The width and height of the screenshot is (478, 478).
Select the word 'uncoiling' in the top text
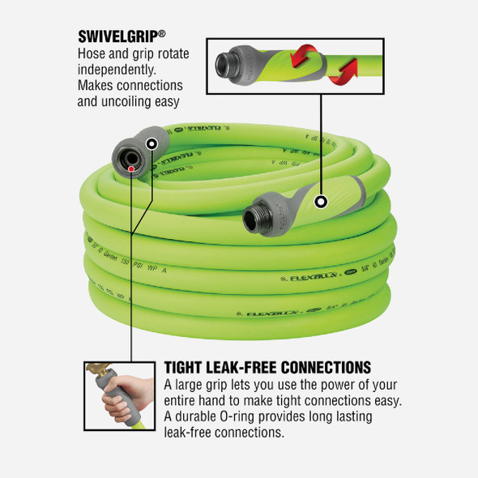pyautogui.click(x=148, y=101)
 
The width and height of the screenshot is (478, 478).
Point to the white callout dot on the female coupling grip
pyautogui.click(x=152, y=143)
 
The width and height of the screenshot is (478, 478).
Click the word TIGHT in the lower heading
pyautogui.click(x=187, y=367)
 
